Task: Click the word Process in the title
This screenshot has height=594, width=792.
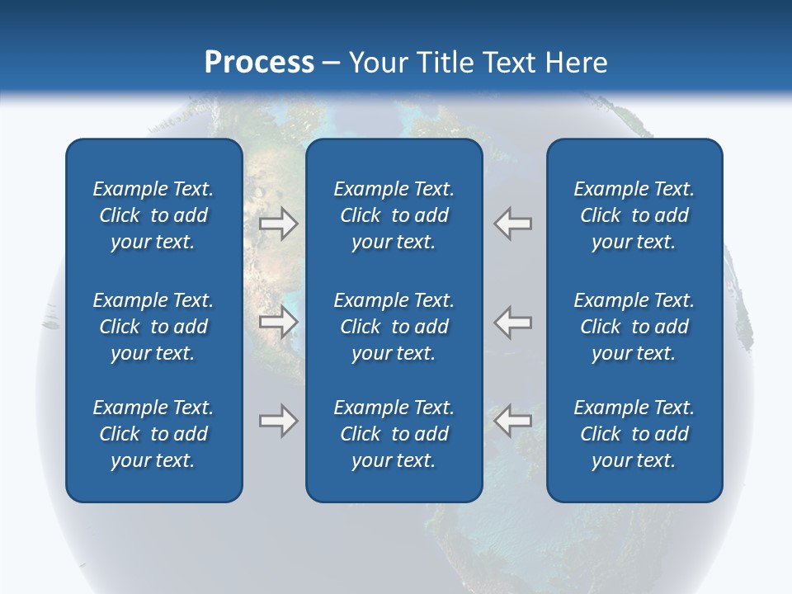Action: click(x=259, y=63)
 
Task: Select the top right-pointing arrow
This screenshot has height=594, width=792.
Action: click(x=279, y=223)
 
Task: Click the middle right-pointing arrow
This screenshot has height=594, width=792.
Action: click(x=279, y=322)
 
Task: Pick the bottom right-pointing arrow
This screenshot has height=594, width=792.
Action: click(x=279, y=421)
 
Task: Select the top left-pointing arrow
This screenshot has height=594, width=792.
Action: click(x=513, y=223)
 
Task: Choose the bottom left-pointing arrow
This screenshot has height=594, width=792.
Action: click(x=513, y=421)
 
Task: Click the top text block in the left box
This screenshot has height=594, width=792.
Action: click(x=153, y=215)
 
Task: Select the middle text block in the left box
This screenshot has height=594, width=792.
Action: click(x=153, y=327)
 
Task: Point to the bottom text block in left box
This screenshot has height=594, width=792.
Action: click(x=153, y=434)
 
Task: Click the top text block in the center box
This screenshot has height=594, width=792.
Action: click(x=394, y=215)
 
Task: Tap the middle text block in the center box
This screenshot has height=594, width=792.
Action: click(x=394, y=327)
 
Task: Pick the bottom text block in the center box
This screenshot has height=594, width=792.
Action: click(x=394, y=434)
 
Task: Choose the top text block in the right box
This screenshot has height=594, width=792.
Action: click(x=634, y=215)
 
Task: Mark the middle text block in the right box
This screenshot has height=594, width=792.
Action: click(x=634, y=327)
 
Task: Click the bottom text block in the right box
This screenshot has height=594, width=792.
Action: click(x=634, y=434)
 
